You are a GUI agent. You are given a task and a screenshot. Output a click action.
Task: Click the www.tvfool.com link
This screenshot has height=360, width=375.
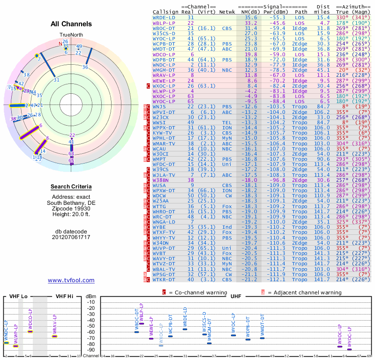(71, 280)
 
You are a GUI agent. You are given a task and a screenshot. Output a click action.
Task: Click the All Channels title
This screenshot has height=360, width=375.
(71, 24)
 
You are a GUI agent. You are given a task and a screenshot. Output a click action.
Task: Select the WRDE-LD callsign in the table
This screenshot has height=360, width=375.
(165, 17)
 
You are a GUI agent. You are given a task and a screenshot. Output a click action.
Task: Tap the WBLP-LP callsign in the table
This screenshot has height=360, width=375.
(165, 22)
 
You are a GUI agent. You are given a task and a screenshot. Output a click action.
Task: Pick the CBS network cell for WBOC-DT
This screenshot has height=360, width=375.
(225, 28)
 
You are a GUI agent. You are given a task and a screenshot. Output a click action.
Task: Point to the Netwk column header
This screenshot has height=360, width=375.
(227, 11)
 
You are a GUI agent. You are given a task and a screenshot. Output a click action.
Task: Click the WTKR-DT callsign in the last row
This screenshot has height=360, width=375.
(165, 279)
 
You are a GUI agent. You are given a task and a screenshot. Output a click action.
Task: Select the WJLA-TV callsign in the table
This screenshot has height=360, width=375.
(165, 174)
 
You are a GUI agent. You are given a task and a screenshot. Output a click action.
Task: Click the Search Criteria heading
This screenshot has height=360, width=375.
(71, 187)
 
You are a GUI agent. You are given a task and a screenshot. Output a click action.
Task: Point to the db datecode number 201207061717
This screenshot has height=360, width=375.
(71, 237)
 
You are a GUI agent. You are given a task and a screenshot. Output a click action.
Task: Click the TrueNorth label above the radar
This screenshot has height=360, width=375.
(71, 36)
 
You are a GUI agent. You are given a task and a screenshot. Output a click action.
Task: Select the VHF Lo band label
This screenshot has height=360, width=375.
(18, 297)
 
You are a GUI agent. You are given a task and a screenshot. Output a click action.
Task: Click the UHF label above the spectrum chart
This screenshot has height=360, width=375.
(236, 297)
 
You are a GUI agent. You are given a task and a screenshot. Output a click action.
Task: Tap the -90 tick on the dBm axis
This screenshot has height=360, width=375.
(91, 350)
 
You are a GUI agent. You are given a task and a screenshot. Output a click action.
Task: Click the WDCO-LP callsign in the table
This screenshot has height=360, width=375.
(165, 54)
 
